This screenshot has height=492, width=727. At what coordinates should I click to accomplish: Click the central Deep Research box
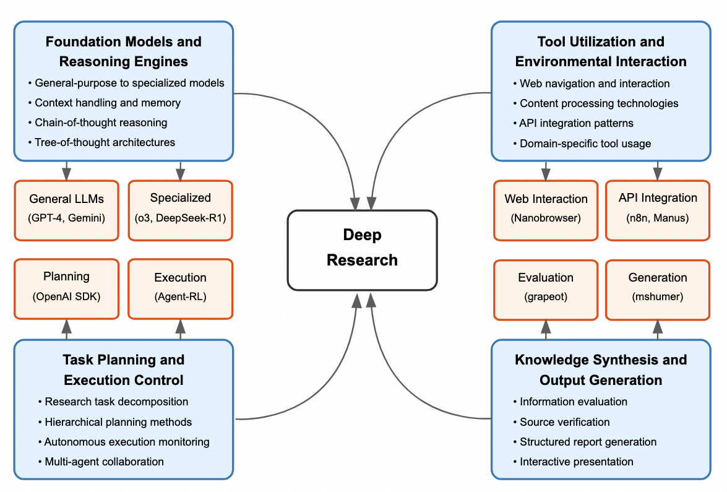(362, 250)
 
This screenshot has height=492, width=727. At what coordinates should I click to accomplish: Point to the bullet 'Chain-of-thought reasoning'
(101, 123)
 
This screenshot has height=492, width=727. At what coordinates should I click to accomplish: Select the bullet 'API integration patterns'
(576, 123)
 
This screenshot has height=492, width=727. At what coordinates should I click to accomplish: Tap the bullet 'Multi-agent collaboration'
(104, 462)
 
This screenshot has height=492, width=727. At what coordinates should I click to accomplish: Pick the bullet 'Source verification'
(564, 422)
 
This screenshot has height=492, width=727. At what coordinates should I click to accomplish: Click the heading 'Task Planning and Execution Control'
(123, 369)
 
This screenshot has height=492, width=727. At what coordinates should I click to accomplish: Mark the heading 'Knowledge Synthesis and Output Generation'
(601, 369)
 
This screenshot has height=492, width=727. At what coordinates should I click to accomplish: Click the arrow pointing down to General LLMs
(66, 170)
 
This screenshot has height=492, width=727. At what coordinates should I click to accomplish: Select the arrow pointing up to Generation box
(657, 329)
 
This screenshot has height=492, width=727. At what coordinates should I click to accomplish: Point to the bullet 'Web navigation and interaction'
(595, 84)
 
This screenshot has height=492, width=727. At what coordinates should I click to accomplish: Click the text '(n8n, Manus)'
(657, 218)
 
